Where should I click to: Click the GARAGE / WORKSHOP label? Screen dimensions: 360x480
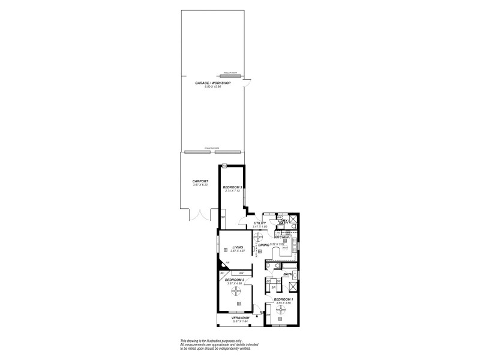click(212, 83)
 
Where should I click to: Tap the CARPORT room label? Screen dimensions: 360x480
click(200, 181)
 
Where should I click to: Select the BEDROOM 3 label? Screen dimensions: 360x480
click(232, 187)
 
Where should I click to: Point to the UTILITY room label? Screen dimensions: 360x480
click(259, 223)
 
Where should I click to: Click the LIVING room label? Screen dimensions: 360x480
click(238, 247)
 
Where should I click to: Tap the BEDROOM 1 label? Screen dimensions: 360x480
click(283, 299)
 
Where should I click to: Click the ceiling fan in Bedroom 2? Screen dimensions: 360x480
click(236, 292)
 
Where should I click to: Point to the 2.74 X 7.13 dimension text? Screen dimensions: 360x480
click(232, 191)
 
